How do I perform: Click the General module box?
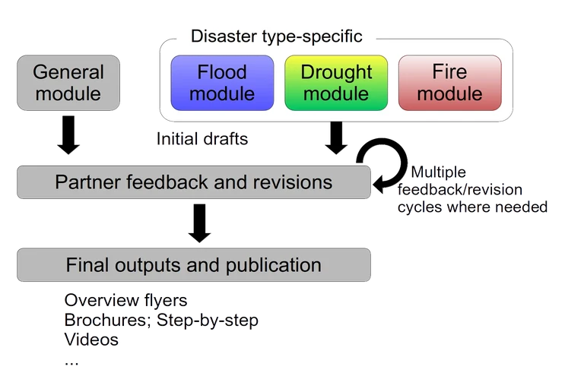pos(68,83)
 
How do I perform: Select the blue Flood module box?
pos(222,83)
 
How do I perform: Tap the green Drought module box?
pos(335,83)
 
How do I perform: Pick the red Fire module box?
pos(449,83)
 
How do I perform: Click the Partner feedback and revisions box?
pos(193,182)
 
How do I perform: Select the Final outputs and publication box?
pos(193,265)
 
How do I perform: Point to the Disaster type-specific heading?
pos(276,36)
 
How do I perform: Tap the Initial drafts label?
pos(202,139)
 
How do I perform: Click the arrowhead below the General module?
pos(68,150)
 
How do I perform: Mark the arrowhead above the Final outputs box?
pos(198,237)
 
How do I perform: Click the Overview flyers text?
pos(125,300)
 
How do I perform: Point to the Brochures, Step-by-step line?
pos(162,320)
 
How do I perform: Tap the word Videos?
pos(91,339)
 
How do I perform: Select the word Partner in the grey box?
pos(84,182)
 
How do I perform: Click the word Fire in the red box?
pos(449,72)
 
